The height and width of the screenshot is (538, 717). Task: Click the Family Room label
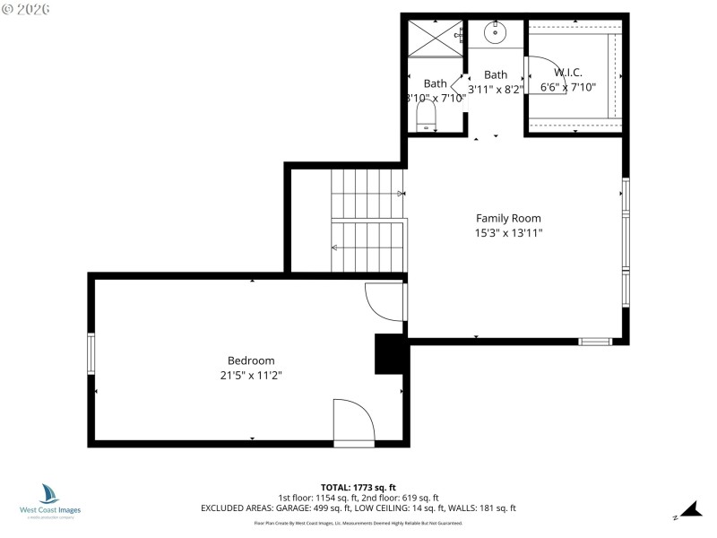(507, 218)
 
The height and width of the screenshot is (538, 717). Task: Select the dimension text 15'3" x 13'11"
(507, 233)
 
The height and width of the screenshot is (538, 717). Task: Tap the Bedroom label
(251, 360)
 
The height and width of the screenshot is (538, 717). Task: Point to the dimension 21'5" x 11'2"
(251, 376)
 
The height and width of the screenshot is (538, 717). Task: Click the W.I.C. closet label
(571, 73)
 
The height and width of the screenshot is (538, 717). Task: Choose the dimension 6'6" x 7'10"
(567, 88)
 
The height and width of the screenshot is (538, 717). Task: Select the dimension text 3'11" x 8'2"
(495, 90)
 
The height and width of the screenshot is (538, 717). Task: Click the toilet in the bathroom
(426, 114)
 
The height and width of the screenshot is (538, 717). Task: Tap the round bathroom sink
(495, 34)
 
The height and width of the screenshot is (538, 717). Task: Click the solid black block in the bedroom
(391, 353)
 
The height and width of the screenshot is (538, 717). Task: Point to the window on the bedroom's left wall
(91, 353)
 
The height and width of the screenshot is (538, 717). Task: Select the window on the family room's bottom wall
(595, 341)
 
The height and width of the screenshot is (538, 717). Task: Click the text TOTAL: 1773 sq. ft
(358, 487)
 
